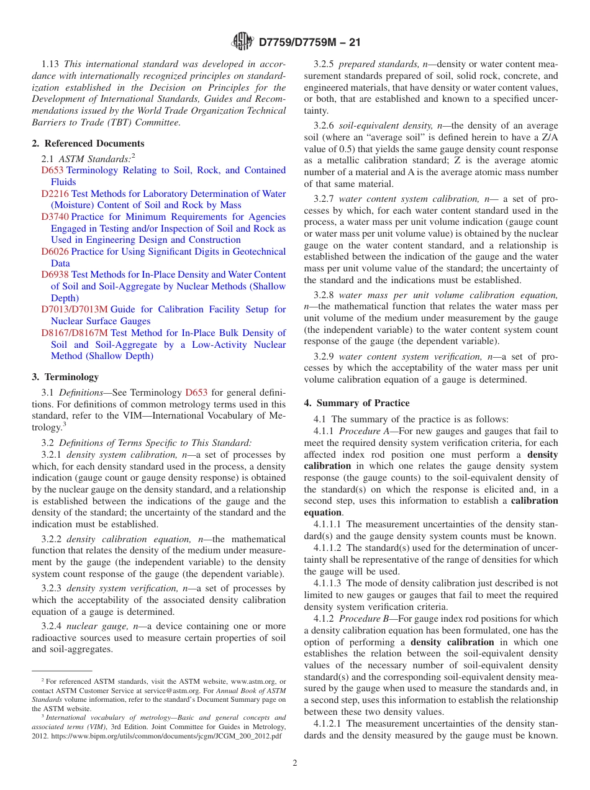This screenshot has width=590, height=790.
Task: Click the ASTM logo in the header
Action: [x=242, y=42]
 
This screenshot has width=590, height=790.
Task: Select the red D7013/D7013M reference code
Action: [x=75, y=309]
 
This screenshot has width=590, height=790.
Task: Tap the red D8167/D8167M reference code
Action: [x=75, y=333]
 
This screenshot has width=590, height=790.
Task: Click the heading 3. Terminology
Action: [x=65, y=377]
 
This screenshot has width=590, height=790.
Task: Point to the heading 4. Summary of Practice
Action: [x=356, y=403]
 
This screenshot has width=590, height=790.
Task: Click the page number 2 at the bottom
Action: [x=295, y=763]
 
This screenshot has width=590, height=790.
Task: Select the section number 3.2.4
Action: [x=52, y=626]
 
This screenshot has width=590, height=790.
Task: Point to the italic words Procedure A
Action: [x=361, y=431]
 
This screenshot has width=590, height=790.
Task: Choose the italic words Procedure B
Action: [x=361, y=619]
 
